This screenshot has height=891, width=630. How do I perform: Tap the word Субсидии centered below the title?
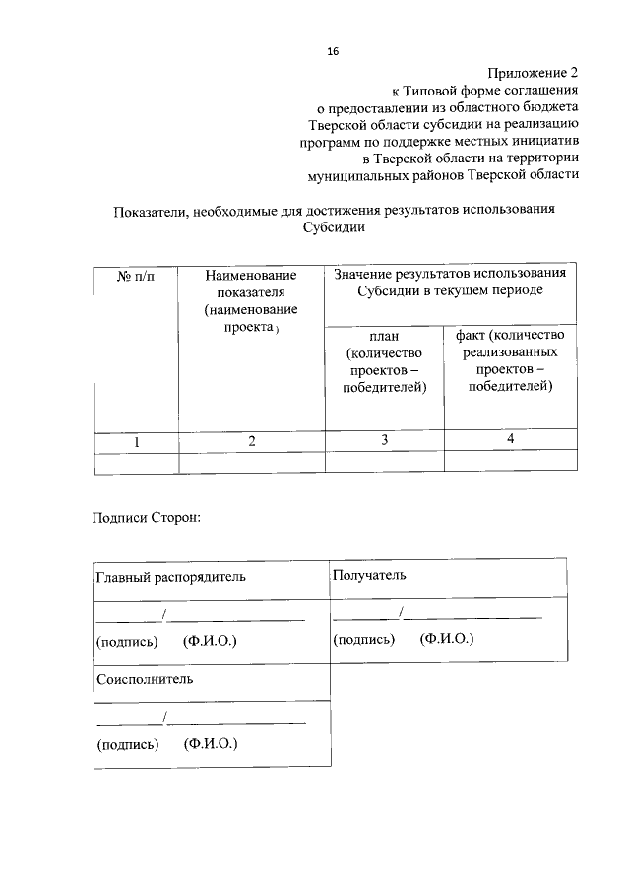tap(336, 227)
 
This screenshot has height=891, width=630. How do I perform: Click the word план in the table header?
tap(384, 336)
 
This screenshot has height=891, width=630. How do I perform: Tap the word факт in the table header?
tap(470, 335)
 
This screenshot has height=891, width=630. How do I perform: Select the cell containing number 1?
tap(137, 442)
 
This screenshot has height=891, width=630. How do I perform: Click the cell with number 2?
tap(252, 442)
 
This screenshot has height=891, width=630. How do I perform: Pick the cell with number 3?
tap(384, 440)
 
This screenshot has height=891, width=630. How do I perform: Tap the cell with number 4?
tap(510, 438)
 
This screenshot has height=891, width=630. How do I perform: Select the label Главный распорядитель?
tap(170, 576)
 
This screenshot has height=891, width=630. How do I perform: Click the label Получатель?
tap(368, 574)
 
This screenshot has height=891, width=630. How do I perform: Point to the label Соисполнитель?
tap(145, 679)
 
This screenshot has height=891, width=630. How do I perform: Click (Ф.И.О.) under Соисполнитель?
tap(211, 744)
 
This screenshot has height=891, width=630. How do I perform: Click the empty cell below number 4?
tap(510, 461)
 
